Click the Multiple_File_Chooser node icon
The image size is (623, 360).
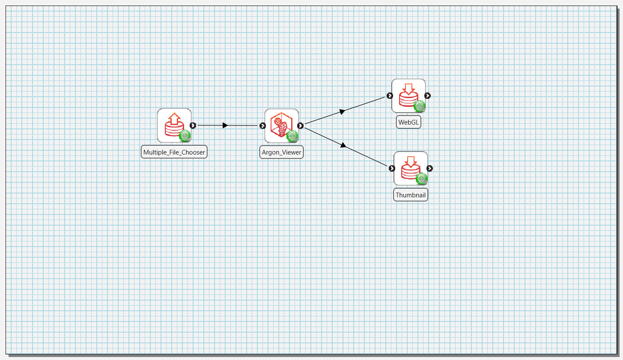(x=174, y=125)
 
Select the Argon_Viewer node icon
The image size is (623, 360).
(x=281, y=125)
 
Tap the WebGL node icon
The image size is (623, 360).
(x=408, y=95)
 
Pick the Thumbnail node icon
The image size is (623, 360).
(x=411, y=168)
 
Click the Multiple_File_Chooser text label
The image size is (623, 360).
(x=174, y=152)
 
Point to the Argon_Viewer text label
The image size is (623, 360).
(x=281, y=152)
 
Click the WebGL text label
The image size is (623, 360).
(x=408, y=122)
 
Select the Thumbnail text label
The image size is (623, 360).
(x=411, y=195)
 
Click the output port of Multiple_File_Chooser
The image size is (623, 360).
(x=193, y=125)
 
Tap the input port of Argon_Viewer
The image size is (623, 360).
(x=263, y=125)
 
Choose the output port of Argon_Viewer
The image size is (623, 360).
(x=301, y=125)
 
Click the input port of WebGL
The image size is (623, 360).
(x=390, y=95)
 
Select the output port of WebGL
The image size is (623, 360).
(x=427, y=95)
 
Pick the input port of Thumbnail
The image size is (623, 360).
(x=392, y=168)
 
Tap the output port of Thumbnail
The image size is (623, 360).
(x=429, y=168)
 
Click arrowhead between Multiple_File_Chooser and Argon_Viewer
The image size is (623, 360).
(x=225, y=125)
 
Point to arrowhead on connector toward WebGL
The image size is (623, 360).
(x=342, y=111)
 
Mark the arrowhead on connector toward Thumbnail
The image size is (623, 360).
(x=343, y=145)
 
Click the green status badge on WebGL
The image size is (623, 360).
(x=420, y=106)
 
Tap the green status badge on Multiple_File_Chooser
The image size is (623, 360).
(x=185, y=136)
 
